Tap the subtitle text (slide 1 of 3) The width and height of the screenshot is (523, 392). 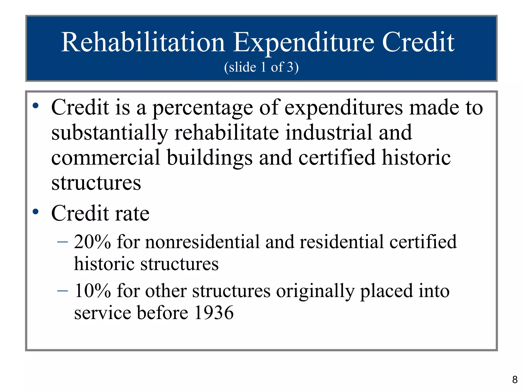click(x=261, y=67)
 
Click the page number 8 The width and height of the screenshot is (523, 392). click(x=515, y=380)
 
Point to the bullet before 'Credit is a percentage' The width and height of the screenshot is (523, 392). click(x=35, y=105)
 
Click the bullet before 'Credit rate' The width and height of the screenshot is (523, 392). click(x=35, y=212)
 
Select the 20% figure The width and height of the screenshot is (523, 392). click(x=92, y=242)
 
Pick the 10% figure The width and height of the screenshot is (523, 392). click(x=92, y=291)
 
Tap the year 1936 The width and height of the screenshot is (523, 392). click(x=214, y=313)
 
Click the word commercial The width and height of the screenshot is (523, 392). click(x=106, y=158)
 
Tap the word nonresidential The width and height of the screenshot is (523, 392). click(x=202, y=242)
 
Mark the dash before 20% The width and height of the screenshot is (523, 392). click(x=63, y=242)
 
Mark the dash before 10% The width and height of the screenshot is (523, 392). click(x=63, y=291)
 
